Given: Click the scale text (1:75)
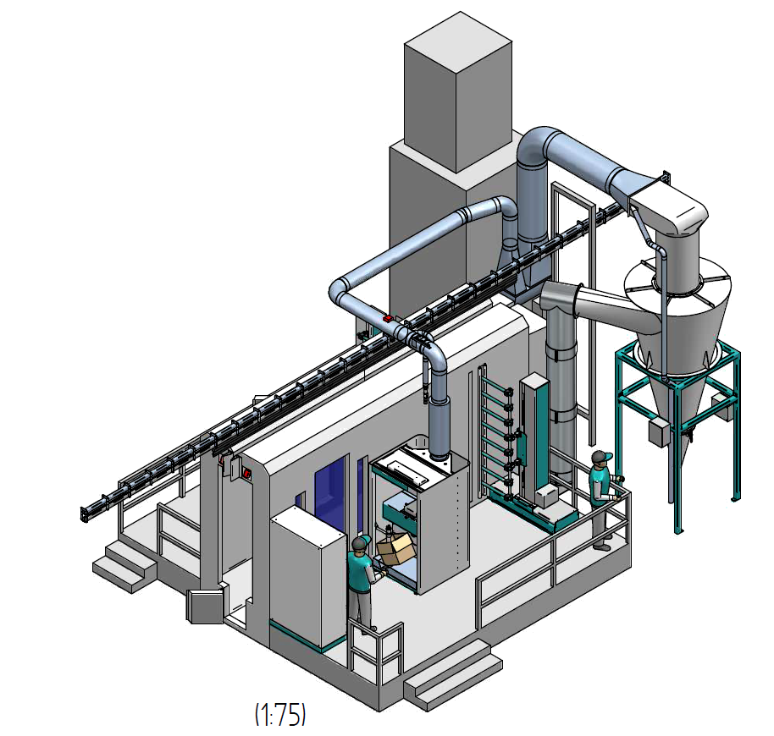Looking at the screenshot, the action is pyautogui.click(x=280, y=714).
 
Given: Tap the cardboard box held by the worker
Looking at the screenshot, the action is pyautogui.click(x=395, y=548).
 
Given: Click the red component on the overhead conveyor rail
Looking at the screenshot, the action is pyautogui.click(x=389, y=318).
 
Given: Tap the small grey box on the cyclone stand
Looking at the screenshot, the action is pyautogui.click(x=659, y=433).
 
